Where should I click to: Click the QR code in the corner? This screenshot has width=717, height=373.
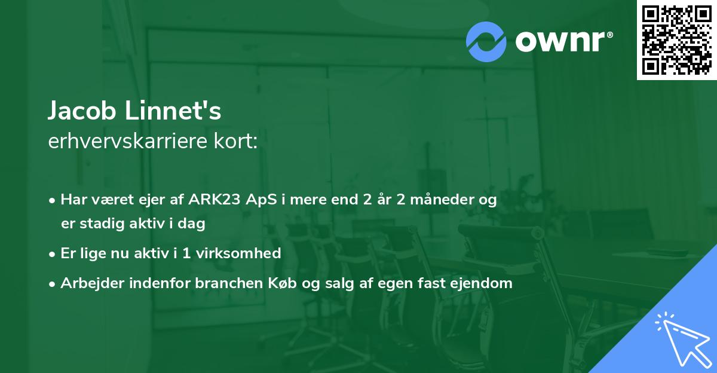(x=677, y=39)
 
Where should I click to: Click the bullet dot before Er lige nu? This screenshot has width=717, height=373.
(x=53, y=254)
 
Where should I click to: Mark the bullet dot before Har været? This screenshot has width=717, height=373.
(x=53, y=200)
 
